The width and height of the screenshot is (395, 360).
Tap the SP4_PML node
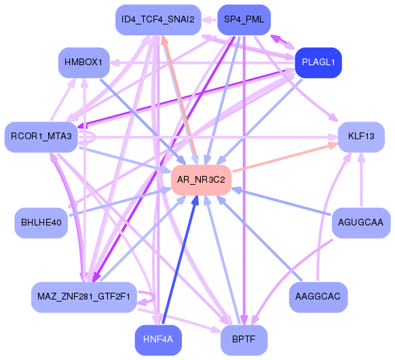click(x=244, y=20)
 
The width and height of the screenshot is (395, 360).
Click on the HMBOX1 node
click(x=83, y=62)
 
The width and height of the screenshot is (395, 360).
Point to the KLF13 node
click(x=361, y=137)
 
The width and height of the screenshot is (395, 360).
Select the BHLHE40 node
click(x=41, y=222)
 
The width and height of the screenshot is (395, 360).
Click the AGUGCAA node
click(x=361, y=222)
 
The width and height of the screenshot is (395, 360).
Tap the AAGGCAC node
click(x=318, y=297)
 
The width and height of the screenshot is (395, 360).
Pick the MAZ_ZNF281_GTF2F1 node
click(x=84, y=297)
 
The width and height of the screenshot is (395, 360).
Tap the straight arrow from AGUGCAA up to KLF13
click(x=361, y=180)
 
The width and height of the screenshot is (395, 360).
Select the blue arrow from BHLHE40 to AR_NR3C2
click(x=115, y=203)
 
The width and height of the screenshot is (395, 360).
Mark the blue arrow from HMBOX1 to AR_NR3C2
click(x=136, y=115)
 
